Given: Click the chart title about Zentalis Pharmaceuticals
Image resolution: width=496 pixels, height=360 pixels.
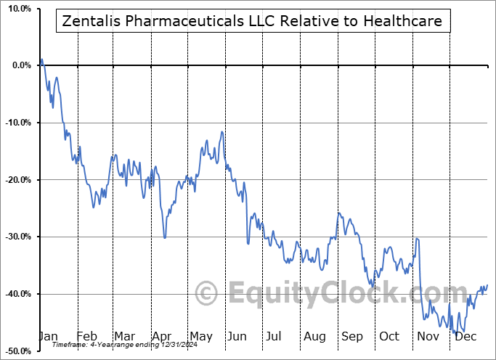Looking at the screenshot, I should click(253, 22).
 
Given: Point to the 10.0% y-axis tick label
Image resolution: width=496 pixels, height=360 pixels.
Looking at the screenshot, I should click(17, 9).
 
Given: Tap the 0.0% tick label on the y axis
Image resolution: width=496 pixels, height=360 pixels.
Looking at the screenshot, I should click(20, 65).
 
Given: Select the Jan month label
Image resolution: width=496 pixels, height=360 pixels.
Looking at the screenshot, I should click(47, 336).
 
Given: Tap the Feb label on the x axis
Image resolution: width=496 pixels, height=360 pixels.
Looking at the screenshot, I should click(86, 336).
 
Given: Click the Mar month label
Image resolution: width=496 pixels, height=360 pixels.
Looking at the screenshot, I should click(123, 336).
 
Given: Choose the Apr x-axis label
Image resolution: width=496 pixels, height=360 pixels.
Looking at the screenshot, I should click(161, 336).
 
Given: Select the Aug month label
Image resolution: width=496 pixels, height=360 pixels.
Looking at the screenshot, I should click(314, 336).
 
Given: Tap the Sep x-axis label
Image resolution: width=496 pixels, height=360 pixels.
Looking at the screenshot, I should click(352, 336).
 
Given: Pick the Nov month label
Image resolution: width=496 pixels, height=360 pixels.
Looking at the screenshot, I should click(428, 336).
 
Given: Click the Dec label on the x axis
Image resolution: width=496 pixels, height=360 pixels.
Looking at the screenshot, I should click(465, 336).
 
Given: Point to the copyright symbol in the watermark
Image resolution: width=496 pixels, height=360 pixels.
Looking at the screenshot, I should click(207, 294).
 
